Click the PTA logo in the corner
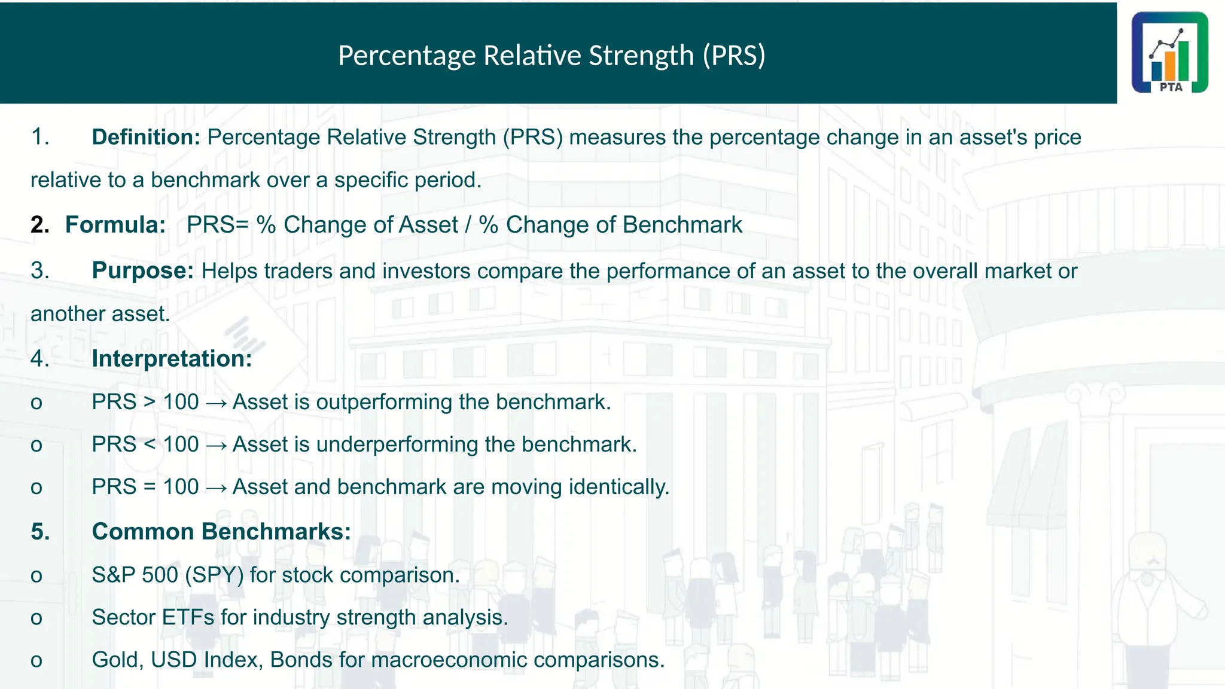[1169, 53]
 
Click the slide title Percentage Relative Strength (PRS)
[551, 55]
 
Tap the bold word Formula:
[115, 225]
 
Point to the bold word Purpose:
[142, 271]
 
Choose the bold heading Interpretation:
[172, 359]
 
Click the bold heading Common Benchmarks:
[221, 532]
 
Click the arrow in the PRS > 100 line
[216, 403]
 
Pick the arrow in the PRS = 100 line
[216, 488]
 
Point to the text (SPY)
[214, 575]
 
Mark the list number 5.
[40, 532]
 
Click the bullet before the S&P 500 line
[36, 576]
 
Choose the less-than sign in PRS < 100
[150, 444]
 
